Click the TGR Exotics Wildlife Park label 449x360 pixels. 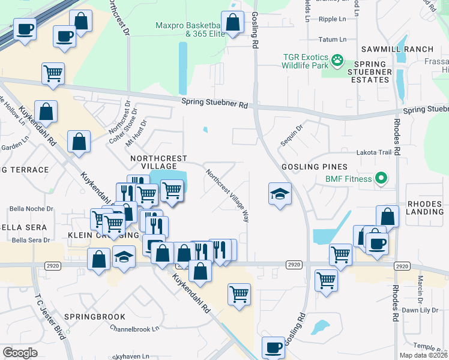[x=306, y=62]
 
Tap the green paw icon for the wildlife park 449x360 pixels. [x=338, y=59]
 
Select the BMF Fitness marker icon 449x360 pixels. [x=380, y=178]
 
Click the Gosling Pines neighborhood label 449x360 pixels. [x=313, y=166]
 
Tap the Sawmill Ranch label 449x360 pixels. [x=396, y=49]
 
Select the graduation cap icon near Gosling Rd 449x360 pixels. [x=279, y=193]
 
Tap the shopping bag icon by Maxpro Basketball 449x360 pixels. [x=234, y=23]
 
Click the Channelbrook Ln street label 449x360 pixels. [x=134, y=328]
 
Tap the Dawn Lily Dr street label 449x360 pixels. [x=418, y=310]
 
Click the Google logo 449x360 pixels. [x=19, y=353]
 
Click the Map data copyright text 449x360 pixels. [x=423, y=355]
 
